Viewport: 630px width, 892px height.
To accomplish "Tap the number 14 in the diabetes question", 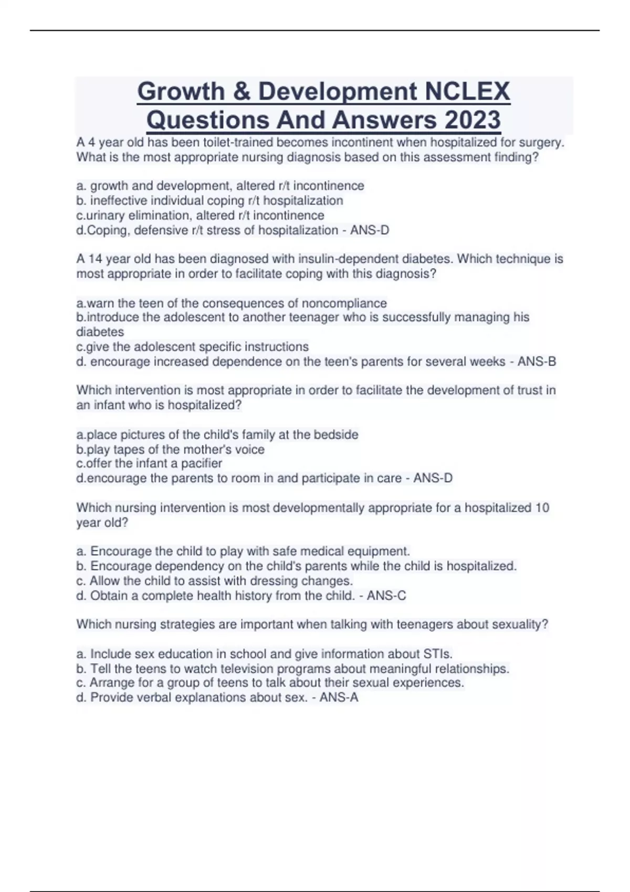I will pos(94,259).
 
